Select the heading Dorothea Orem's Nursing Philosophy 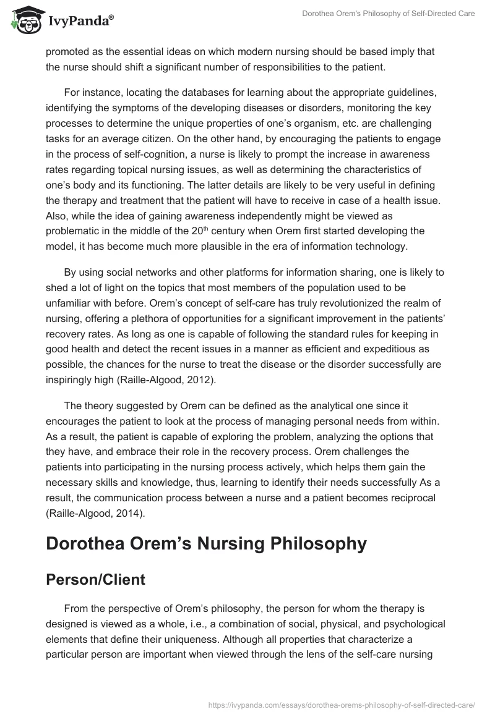coord(206,545)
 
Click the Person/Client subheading coord(96,579)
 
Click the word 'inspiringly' coord(72,380)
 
